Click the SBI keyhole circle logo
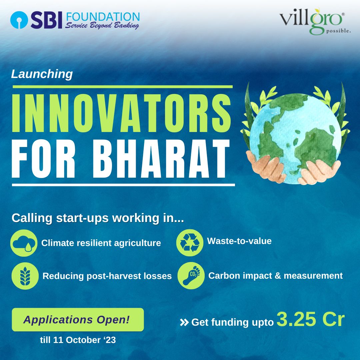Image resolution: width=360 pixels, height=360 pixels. click(19, 20)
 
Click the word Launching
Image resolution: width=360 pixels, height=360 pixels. click(42, 74)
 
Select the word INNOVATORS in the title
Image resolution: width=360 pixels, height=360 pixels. click(121, 113)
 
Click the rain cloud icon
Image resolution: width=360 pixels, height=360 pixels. click(24, 243)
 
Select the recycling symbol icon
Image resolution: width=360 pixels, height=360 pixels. click(190, 243)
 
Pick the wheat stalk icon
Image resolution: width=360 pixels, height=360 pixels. click(25, 276)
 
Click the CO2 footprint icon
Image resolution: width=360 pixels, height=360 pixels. click(191, 276)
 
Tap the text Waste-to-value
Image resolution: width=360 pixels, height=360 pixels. click(239, 241)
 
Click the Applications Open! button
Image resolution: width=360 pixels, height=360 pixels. click(78, 320)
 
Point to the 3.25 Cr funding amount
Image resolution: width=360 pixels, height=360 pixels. click(311, 319)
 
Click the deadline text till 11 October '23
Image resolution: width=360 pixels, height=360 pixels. click(78, 340)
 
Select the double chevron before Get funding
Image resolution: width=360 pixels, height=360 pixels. click(184, 322)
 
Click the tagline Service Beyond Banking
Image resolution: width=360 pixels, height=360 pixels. click(102, 25)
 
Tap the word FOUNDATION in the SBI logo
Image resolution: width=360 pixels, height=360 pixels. click(103, 17)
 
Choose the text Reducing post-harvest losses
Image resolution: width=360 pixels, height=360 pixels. click(107, 276)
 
